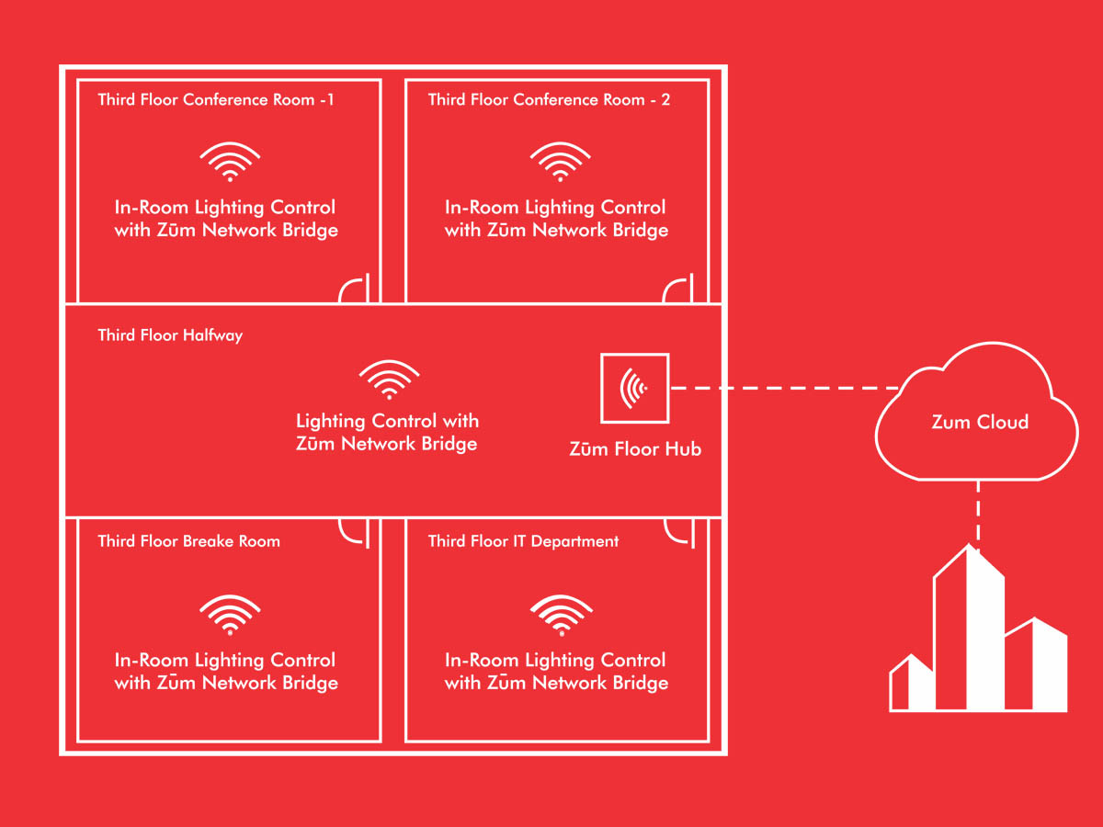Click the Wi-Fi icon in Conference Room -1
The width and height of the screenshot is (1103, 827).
(x=230, y=163)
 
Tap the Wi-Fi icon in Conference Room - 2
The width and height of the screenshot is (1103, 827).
(x=560, y=163)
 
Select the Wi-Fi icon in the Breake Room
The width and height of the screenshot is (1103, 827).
(x=230, y=616)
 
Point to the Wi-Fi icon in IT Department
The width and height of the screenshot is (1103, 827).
(x=560, y=616)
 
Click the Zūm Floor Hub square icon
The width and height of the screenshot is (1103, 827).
(x=634, y=388)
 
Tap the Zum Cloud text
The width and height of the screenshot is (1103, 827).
(x=980, y=422)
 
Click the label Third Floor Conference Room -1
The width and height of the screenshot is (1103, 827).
(x=216, y=99)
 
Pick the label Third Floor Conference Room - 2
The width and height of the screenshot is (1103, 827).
(x=549, y=99)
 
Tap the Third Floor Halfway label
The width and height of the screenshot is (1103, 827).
(x=170, y=335)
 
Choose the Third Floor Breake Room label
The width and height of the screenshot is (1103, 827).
(x=188, y=541)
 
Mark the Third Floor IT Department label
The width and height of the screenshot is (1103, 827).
(x=523, y=541)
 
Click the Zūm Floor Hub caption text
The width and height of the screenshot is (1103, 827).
(x=635, y=449)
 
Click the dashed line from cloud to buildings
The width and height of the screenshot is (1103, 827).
(x=978, y=515)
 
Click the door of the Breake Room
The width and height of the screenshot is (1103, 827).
(x=357, y=531)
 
